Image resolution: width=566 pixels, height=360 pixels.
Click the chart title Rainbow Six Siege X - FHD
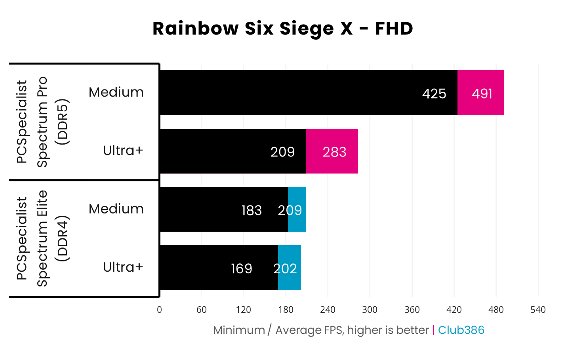point(283,29)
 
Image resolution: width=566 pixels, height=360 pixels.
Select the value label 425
point(434,93)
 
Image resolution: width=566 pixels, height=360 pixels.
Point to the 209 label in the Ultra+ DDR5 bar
point(282,152)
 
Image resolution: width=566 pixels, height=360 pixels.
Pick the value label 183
point(252,210)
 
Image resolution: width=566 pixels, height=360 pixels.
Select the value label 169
point(241,269)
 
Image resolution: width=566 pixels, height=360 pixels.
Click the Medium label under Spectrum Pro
point(116,92)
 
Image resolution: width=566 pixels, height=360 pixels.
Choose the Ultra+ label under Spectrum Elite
point(123,267)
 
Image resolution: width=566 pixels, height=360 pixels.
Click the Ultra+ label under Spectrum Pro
point(123,150)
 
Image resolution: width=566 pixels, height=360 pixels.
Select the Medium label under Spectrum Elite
point(116,209)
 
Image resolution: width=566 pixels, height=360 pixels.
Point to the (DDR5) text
point(62,122)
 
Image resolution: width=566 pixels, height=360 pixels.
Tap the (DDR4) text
point(62,238)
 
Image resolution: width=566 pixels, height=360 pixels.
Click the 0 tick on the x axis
point(159,310)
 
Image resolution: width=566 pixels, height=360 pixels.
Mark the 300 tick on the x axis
point(370,310)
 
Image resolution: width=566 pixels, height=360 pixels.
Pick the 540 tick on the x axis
point(538,310)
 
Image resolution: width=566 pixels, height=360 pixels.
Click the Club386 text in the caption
point(461,330)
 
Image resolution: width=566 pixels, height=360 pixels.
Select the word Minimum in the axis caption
point(239,330)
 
